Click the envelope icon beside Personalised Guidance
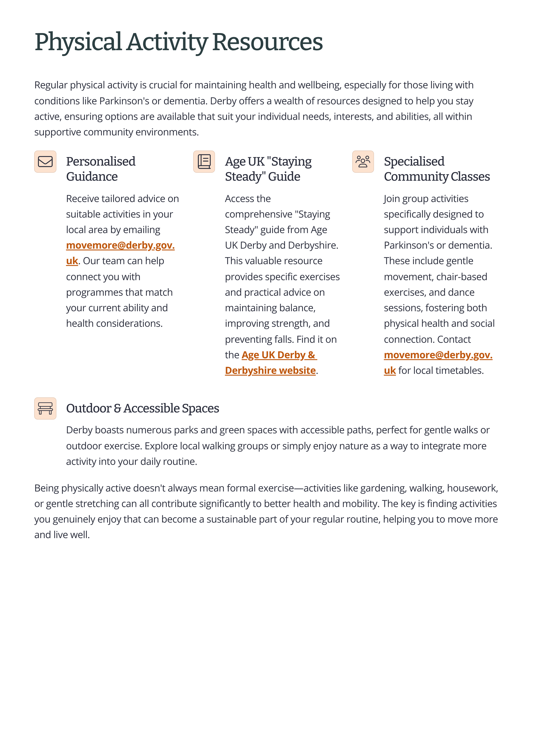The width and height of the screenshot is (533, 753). click(x=45, y=161)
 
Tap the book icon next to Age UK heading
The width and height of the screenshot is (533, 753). click(x=204, y=161)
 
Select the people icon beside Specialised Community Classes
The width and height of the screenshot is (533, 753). click(x=363, y=161)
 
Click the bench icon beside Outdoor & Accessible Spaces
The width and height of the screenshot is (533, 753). click(x=45, y=408)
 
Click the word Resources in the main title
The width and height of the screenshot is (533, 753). click(x=267, y=42)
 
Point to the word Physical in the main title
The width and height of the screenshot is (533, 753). click(x=78, y=42)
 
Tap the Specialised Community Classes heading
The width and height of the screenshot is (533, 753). click(x=437, y=169)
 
